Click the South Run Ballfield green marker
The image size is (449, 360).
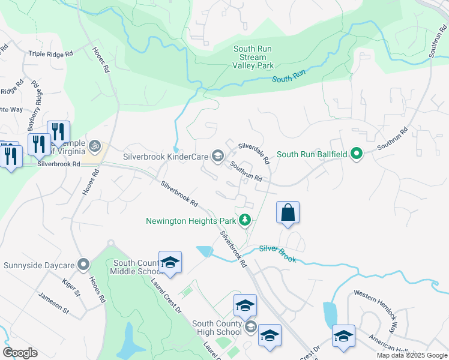click(x=357, y=154)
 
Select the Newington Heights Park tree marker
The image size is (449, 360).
click(x=244, y=220)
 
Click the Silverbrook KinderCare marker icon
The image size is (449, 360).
click(x=217, y=157)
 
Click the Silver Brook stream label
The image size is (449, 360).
click(x=278, y=248)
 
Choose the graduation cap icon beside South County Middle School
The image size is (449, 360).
click(x=170, y=262)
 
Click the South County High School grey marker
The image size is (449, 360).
click(x=250, y=327)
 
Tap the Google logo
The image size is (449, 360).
click(x=20, y=353)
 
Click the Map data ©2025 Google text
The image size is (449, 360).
click(x=411, y=355)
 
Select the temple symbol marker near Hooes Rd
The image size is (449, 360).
click(x=94, y=145)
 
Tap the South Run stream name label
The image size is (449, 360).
click(x=289, y=79)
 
